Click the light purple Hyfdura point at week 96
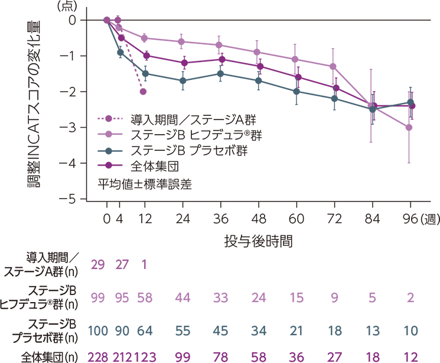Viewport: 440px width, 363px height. (x=409, y=127)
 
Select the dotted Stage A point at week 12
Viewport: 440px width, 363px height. (x=144, y=92)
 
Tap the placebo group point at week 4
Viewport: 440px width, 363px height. (x=120, y=52)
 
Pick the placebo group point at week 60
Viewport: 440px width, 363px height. (x=296, y=92)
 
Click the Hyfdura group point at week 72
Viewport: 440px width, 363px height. (x=334, y=66)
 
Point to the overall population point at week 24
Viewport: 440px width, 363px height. (x=183, y=63)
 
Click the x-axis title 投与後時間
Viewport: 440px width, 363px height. (x=258, y=241)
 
